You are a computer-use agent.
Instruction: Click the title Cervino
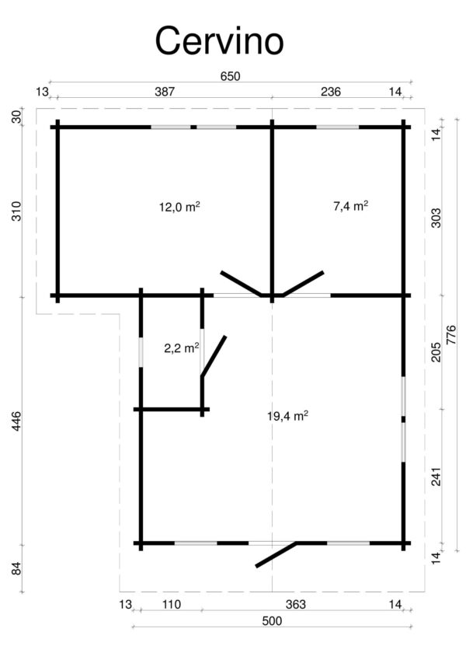219,40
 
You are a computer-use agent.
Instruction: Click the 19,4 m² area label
287,417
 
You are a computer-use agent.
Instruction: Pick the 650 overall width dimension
231,76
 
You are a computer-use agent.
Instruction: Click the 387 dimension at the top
164,92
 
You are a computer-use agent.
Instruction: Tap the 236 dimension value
331,92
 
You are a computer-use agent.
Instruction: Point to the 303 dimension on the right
436,218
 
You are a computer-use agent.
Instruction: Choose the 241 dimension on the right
436,476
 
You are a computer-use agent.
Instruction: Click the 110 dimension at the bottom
172,605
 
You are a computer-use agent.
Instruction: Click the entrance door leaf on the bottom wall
276,554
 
